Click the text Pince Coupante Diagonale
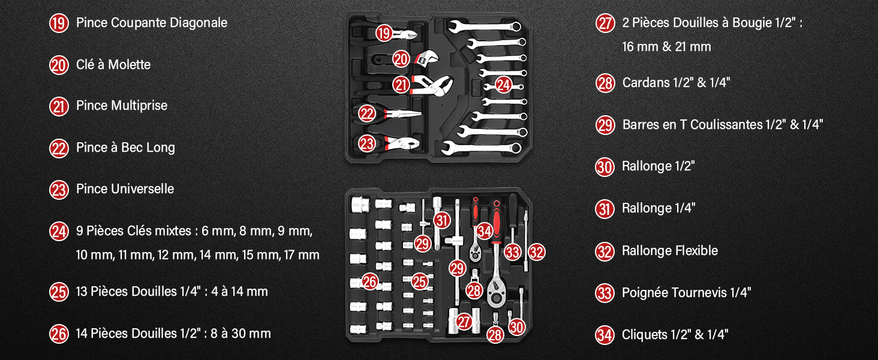click(152, 23)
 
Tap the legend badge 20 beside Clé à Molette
click(59, 65)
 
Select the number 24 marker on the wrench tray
click(503, 85)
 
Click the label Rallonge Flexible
click(670, 251)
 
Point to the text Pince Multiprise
click(122, 106)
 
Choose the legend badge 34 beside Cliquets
click(605, 335)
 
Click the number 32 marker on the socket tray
click(537, 252)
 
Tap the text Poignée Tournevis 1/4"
click(686, 293)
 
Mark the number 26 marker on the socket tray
click(369, 281)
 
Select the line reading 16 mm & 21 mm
click(666, 47)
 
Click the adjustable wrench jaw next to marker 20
click(428, 57)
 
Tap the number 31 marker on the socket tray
click(442, 220)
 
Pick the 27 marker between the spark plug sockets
click(464, 322)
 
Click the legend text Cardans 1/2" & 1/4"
click(676, 83)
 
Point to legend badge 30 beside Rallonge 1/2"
click(605, 167)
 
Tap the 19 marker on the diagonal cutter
click(384, 34)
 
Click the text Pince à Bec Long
click(125, 148)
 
